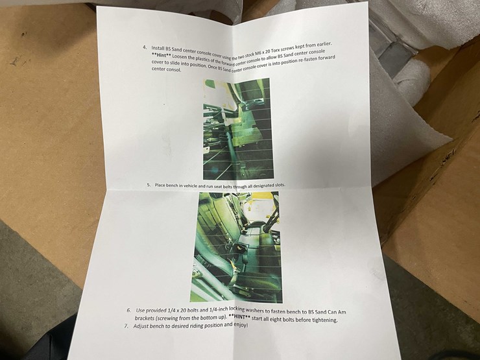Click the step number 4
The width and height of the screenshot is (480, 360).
point(145,47)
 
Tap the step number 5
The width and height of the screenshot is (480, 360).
point(149,185)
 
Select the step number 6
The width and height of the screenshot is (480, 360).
point(129,310)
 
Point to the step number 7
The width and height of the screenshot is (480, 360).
point(126,326)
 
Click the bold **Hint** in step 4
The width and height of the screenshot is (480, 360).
point(162,55)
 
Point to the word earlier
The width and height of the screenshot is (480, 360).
point(324,45)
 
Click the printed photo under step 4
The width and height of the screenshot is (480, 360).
point(238,129)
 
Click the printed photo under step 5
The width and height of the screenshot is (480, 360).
point(236,247)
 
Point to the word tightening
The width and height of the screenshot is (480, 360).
point(325,320)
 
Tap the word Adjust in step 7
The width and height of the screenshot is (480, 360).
point(140,326)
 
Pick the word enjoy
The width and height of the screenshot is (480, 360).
point(240,325)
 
